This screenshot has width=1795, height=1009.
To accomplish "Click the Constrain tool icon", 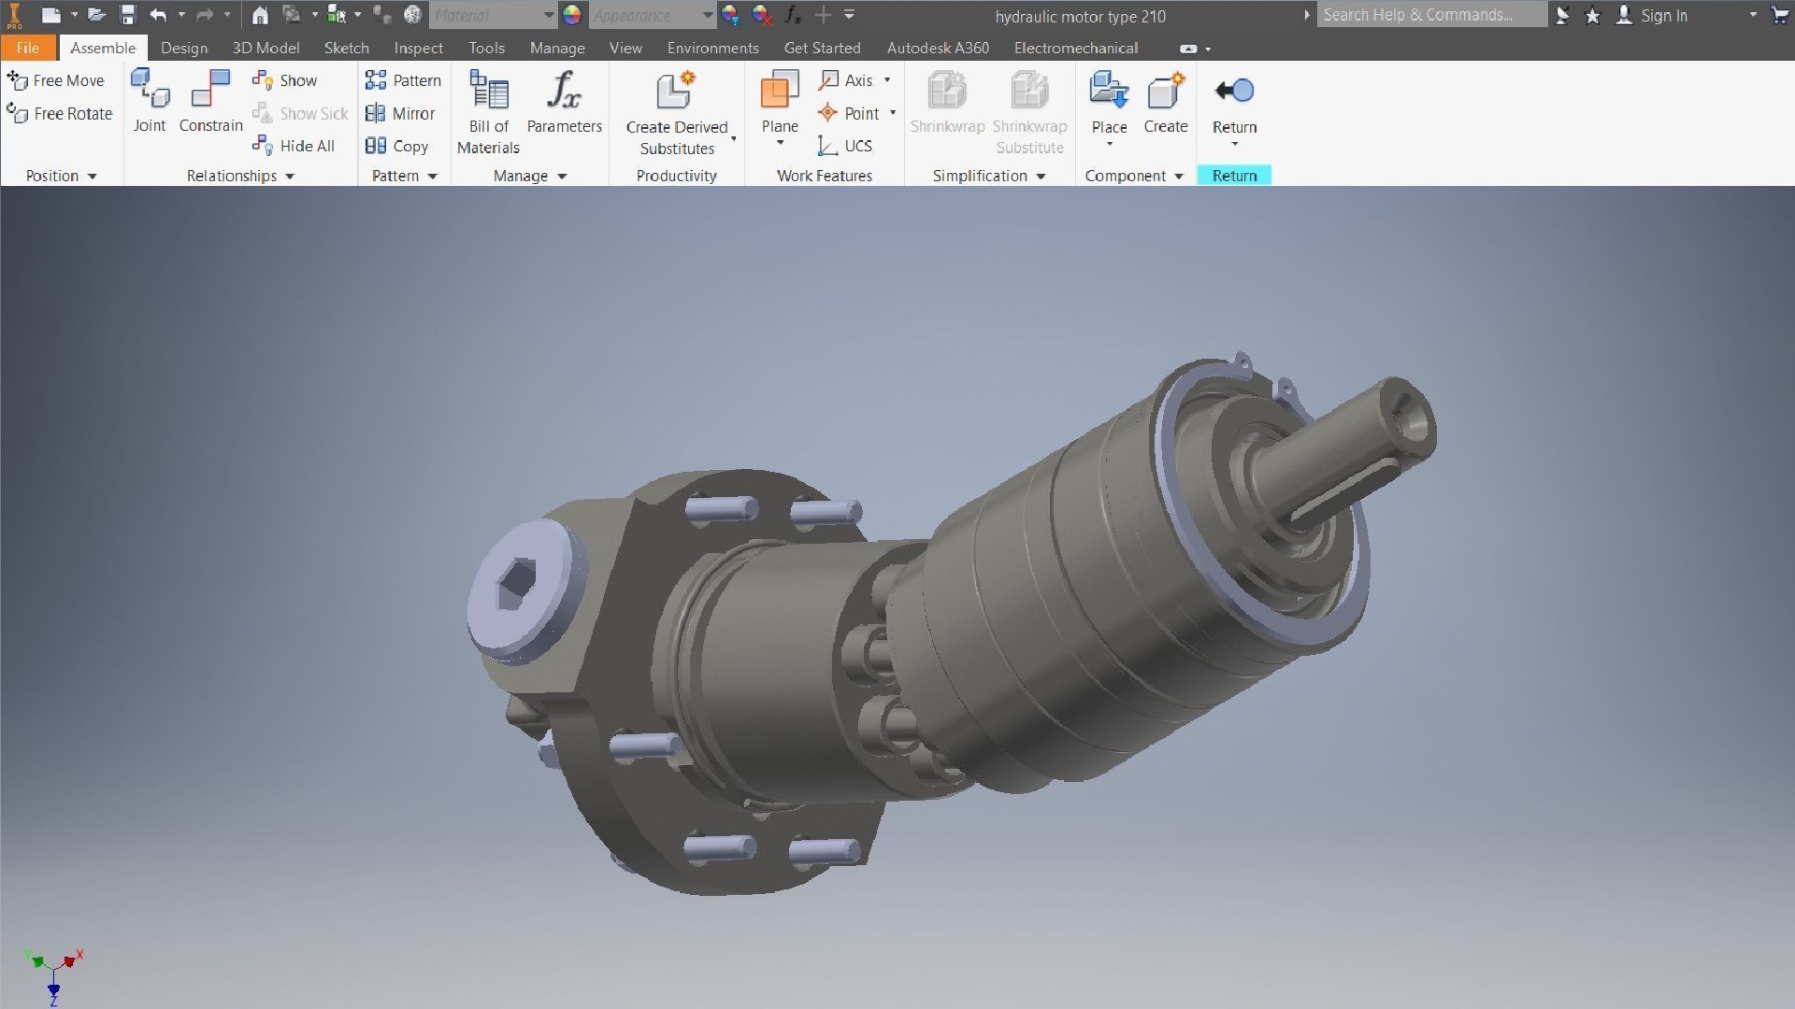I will (x=210, y=91).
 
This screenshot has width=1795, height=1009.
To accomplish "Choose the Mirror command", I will (x=401, y=113).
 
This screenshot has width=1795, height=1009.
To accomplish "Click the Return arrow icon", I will (x=1234, y=91).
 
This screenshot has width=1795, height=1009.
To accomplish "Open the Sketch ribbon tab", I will (x=346, y=48).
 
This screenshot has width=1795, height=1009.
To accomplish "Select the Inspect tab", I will (x=418, y=48).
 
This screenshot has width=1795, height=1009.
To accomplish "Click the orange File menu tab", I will (x=27, y=48).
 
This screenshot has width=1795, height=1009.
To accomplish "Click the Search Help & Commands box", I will (x=1430, y=15).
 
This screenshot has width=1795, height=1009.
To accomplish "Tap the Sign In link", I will (x=1663, y=15).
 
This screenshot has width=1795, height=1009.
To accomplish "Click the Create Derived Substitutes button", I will (x=676, y=111).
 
